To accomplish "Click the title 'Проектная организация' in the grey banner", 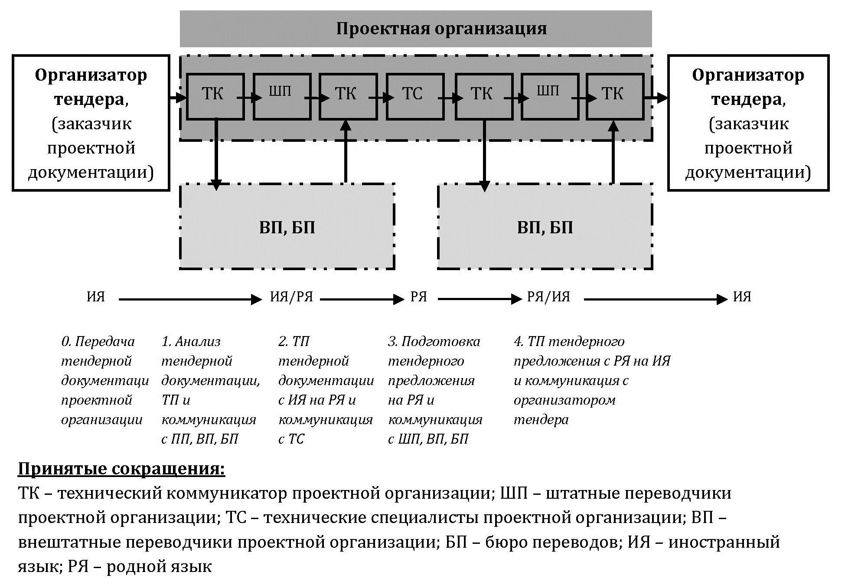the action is [x=441, y=29].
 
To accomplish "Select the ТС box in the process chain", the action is [x=415, y=96].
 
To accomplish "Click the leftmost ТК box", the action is [x=215, y=96].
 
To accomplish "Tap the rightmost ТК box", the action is [x=615, y=96].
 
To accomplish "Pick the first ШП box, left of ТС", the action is [x=282, y=96].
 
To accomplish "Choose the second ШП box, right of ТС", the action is [x=550, y=96].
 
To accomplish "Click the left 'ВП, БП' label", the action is [x=287, y=228].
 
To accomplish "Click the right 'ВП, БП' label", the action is [x=545, y=228].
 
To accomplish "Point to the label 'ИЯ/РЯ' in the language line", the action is [x=291, y=297].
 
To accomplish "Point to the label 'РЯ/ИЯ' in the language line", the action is [x=548, y=297].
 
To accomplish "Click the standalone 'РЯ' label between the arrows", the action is [x=419, y=297].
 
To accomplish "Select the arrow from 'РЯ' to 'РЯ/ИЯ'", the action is [x=480, y=299].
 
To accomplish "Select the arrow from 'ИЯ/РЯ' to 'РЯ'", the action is [x=362, y=299].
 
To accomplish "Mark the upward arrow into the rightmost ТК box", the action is [x=613, y=152].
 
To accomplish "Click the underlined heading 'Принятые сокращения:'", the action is [x=121, y=469].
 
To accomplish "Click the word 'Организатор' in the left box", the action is [x=91, y=75].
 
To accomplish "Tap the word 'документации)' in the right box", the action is [x=748, y=173].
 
